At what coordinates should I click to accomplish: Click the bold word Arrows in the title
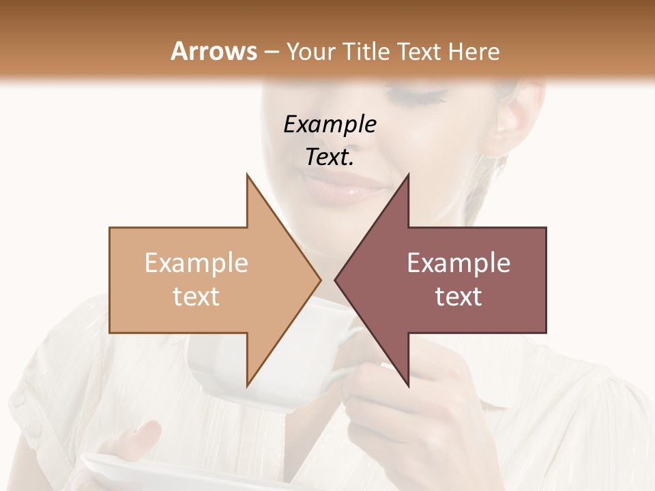[x=214, y=51]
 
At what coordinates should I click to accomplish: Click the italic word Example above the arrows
[x=330, y=124]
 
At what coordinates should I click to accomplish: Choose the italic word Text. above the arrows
[x=330, y=157]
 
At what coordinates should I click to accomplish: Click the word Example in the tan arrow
[x=196, y=263]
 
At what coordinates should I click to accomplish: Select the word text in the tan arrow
[x=196, y=296]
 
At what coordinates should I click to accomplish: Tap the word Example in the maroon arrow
[x=458, y=263]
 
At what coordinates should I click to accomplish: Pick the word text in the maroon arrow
[x=458, y=296]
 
